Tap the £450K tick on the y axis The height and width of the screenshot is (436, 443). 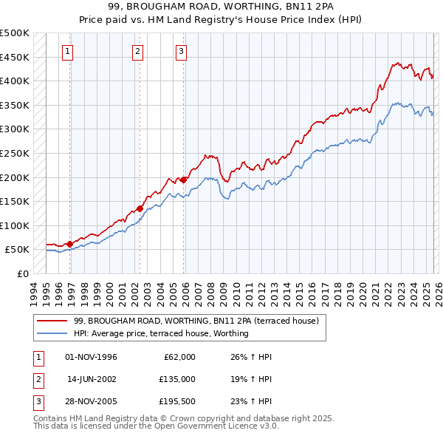tap(15, 57)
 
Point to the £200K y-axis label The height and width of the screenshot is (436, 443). tap(15, 177)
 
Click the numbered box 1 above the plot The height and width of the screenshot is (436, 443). tap(67, 51)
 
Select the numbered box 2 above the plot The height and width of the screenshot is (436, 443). tap(137, 51)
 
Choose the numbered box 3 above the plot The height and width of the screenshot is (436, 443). tap(181, 51)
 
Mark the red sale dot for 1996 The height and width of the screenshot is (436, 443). tap(69, 244)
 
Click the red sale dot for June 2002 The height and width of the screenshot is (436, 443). tap(140, 208)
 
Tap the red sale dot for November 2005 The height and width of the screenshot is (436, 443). tap(183, 179)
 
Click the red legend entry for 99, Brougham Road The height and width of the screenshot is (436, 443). tap(196, 321)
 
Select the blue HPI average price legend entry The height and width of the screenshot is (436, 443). tap(161, 333)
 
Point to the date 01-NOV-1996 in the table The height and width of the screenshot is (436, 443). tap(91, 357)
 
